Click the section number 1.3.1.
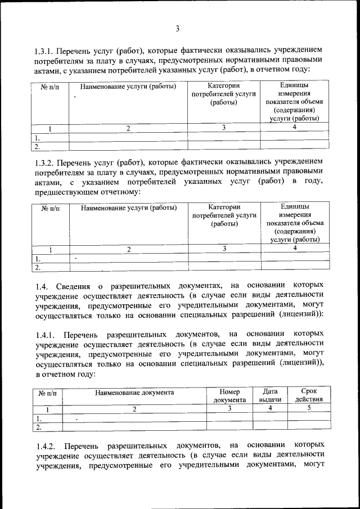pyautogui.click(x=48, y=50)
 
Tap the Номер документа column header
pyautogui.click(x=229, y=396)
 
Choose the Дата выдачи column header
pyautogui.click(x=270, y=396)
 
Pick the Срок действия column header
pyautogui.click(x=309, y=396)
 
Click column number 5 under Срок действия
pyautogui.click(x=309, y=409)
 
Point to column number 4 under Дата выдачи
pyautogui.click(x=270, y=409)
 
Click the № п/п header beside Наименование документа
pyautogui.click(x=48, y=393)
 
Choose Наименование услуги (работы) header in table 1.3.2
pyautogui.click(x=128, y=208)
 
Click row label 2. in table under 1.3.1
pyautogui.click(x=37, y=147)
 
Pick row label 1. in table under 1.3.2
pyautogui.click(x=38, y=259)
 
